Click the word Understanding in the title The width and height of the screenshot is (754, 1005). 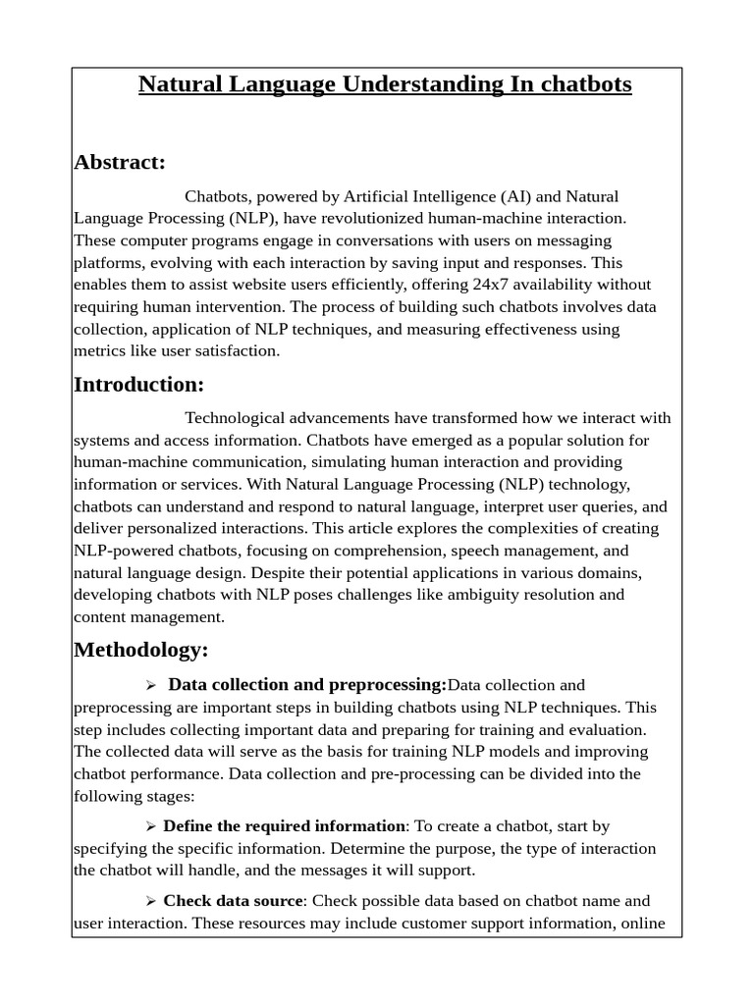click(422, 85)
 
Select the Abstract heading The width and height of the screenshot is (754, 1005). click(120, 162)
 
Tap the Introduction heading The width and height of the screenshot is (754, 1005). click(138, 384)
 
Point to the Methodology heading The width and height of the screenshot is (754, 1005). click(141, 650)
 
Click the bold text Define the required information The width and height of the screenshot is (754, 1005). click(284, 826)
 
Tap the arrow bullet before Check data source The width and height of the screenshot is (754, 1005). click(151, 901)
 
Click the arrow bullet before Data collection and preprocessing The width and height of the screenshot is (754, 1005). click(151, 685)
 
